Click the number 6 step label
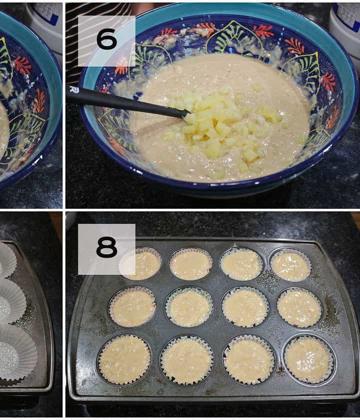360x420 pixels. (x=106, y=39)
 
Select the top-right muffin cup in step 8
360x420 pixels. (x=290, y=264)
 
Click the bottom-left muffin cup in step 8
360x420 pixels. (x=124, y=359)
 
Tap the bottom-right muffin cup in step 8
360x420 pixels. (x=309, y=359)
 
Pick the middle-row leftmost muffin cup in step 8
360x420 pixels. (x=132, y=307)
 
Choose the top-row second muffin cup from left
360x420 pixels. (x=190, y=264)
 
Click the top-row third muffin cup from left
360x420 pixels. (x=241, y=264)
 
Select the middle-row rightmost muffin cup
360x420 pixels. (x=299, y=308)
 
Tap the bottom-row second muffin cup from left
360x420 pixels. (x=186, y=360)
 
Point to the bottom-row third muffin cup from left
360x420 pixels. (x=248, y=360)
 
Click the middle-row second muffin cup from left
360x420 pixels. (x=189, y=307)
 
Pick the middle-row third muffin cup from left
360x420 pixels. (x=245, y=307)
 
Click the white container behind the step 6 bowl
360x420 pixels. (x=345, y=30)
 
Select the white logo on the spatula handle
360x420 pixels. (x=72, y=89)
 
